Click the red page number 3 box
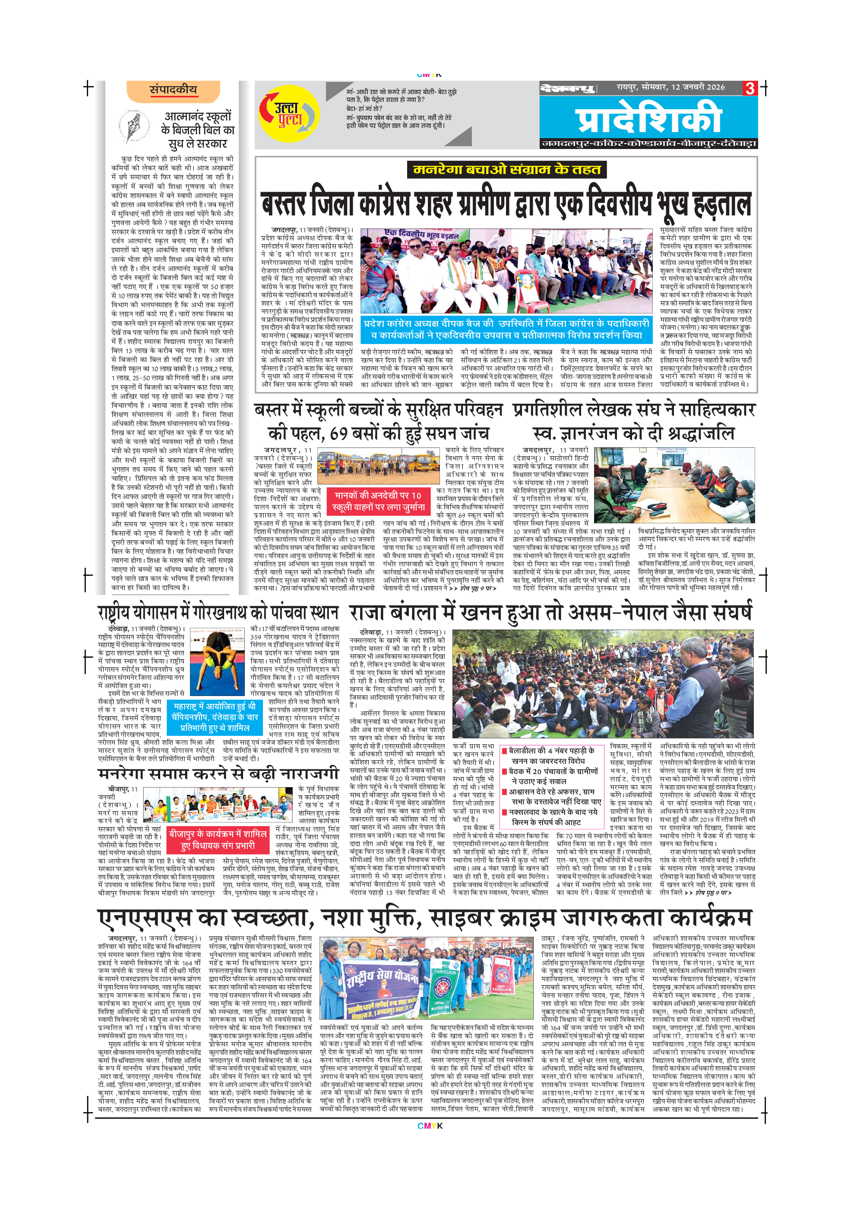(749, 88)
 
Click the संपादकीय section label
(173, 90)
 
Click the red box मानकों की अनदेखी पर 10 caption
(378, 501)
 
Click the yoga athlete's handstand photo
(217, 661)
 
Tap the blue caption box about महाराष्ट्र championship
(215, 717)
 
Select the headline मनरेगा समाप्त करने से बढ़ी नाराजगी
(218, 774)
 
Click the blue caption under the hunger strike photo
(506, 329)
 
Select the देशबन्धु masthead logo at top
(568, 88)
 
